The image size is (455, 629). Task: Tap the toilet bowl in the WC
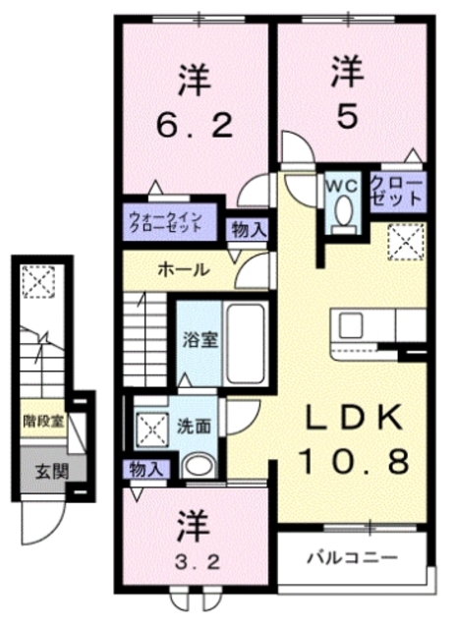click(344, 212)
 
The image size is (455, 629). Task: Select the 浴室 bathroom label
click(200, 341)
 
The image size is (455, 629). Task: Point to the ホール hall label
click(184, 269)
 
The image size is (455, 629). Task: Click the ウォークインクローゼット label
click(164, 221)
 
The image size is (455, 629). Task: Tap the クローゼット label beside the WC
click(397, 192)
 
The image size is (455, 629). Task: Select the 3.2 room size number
click(199, 562)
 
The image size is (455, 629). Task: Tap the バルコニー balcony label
click(353, 557)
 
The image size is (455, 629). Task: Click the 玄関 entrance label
click(52, 472)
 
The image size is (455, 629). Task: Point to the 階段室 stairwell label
click(43, 422)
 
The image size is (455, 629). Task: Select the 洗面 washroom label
click(195, 427)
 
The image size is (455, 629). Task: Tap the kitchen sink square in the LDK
click(352, 325)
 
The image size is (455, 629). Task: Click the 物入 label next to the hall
click(249, 231)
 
